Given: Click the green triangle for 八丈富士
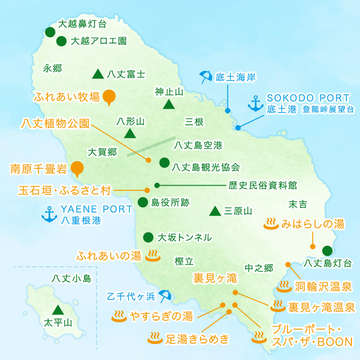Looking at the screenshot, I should (x=97, y=74).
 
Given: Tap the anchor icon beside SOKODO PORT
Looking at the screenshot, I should (x=255, y=103).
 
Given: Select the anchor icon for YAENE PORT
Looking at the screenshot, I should (x=49, y=214).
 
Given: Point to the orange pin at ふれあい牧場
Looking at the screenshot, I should (x=109, y=98).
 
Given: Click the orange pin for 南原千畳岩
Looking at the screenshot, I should (x=76, y=169).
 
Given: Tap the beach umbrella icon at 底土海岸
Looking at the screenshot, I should (x=206, y=77).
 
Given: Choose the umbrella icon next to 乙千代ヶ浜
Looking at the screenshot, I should (x=165, y=295).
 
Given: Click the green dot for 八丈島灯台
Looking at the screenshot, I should (x=327, y=250).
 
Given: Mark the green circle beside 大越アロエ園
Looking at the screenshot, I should (x=61, y=41).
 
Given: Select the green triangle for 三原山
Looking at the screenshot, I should (x=215, y=211).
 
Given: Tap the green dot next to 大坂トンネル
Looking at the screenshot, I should (x=148, y=237).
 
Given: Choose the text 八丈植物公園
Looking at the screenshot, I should (x=55, y=123).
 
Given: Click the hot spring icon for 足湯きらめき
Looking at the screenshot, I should (x=155, y=338).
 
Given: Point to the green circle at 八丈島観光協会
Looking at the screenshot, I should (x=164, y=162).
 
